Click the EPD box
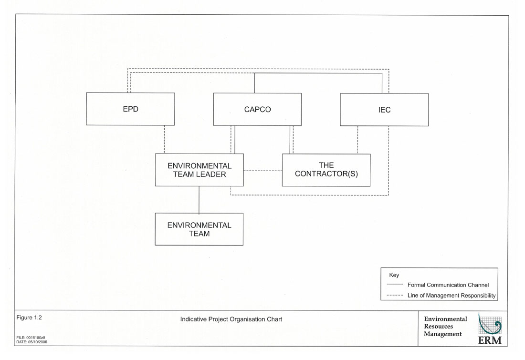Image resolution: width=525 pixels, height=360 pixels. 130,109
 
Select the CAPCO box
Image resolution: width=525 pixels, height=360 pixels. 257,109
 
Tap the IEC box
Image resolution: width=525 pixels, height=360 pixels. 384,110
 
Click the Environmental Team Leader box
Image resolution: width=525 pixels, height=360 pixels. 199,170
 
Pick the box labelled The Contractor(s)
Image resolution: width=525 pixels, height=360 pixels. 326,170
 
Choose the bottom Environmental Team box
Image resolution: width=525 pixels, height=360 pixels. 199,229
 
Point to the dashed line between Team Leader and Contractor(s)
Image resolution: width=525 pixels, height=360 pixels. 262,171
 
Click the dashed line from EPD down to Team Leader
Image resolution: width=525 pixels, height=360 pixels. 164,139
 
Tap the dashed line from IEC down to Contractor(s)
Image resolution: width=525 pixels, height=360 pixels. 357,140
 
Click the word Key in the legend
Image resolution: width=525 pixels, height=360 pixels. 394,275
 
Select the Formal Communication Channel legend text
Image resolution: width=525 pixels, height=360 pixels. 448,285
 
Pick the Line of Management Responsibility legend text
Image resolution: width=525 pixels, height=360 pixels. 451,296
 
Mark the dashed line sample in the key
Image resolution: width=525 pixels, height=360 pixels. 395,296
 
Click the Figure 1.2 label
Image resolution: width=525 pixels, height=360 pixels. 31,318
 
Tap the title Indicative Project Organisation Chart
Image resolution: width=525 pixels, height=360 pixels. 231,319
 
